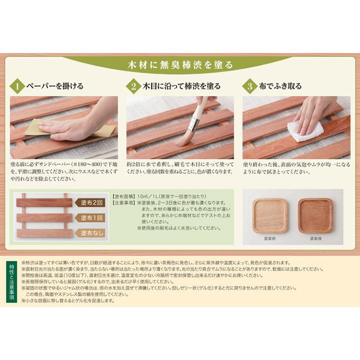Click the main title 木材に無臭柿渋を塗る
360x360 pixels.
pyautogui.click(x=179, y=65)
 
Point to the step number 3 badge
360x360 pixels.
pyautogui.click(x=249, y=86)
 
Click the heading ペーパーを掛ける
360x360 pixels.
pyautogui.click(x=54, y=86)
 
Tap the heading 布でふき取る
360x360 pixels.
pyautogui.click(x=280, y=86)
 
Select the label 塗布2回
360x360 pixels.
pyautogui.click(x=92, y=202)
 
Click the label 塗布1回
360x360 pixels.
pyautogui.click(x=92, y=218)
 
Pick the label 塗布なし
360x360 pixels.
pyautogui.click(x=92, y=233)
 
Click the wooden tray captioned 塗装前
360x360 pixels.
pyautogui.click(x=270, y=215)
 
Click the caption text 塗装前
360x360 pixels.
pyautogui.click(x=270, y=239)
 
